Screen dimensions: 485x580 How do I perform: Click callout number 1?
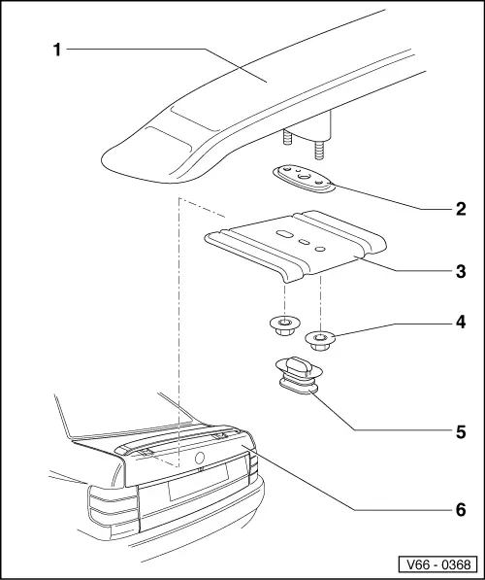57,50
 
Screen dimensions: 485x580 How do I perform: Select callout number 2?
461,209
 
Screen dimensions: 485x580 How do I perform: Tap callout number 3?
461,272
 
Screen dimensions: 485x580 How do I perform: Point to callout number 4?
461,323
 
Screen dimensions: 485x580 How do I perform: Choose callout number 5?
461,431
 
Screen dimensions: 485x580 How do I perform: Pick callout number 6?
461,510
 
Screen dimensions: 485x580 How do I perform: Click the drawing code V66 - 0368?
438,564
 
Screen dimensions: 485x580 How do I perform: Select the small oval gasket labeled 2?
304,179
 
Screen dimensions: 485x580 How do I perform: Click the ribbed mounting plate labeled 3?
296,246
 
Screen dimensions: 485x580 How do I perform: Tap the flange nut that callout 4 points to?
320,340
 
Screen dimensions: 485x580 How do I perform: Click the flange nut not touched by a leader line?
284,325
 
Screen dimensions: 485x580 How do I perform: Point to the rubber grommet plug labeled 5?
299,375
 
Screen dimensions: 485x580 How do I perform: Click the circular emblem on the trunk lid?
200,458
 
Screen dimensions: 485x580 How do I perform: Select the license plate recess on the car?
199,481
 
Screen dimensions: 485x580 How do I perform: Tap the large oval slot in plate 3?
284,234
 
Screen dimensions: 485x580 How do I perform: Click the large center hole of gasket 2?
305,177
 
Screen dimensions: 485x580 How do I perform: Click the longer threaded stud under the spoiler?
319,150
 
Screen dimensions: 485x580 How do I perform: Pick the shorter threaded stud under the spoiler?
287,137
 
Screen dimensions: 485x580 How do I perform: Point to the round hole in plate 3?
319,249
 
